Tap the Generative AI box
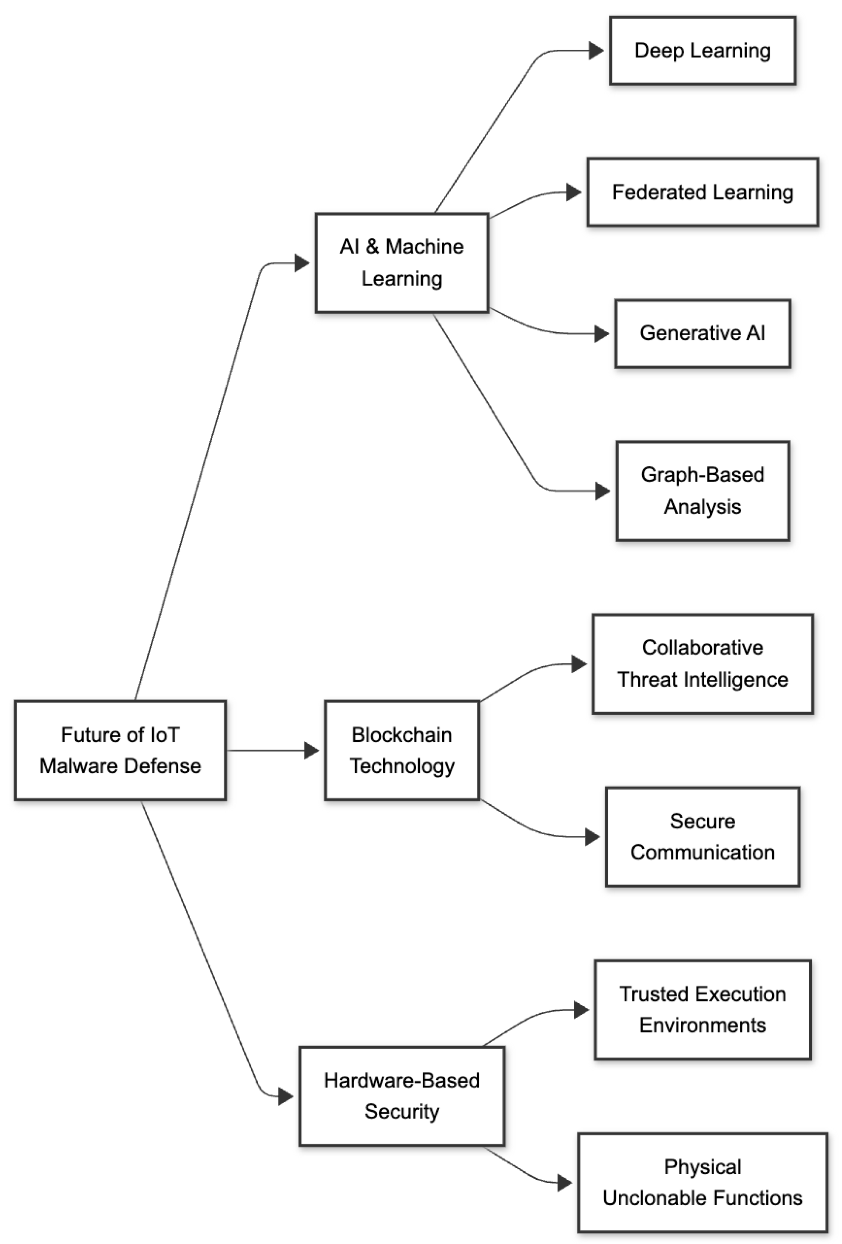(x=703, y=333)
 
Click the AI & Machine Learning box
(x=402, y=262)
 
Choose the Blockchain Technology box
(x=402, y=750)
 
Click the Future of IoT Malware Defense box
(x=120, y=750)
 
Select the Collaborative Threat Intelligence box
(x=703, y=663)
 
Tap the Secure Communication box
(x=703, y=837)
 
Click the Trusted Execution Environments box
(x=703, y=1010)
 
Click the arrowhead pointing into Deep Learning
(x=596, y=51)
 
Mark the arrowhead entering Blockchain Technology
(x=311, y=750)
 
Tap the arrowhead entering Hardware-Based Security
(x=286, y=1096)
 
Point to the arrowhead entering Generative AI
(x=601, y=334)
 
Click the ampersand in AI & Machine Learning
(x=373, y=247)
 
